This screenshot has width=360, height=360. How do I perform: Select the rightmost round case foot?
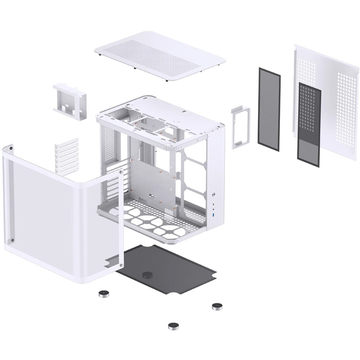(x=217, y=306)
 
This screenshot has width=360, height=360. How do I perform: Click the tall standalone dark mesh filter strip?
(x=269, y=109)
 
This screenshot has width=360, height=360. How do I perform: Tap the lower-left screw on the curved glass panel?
(x=12, y=240)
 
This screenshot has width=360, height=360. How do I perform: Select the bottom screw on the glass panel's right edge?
(x=122, y=266)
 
